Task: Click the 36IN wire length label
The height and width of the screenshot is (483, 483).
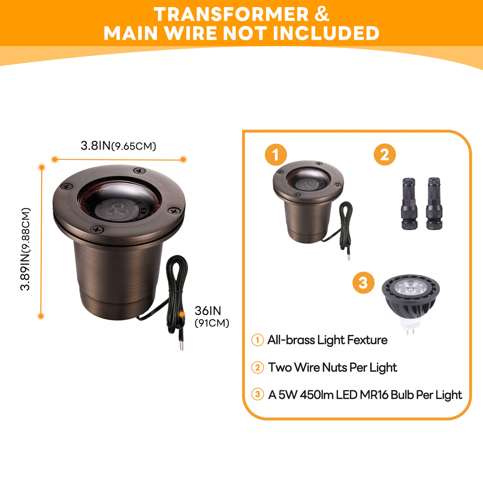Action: pos(208,311)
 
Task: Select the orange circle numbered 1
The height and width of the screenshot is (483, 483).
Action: pos(276,155)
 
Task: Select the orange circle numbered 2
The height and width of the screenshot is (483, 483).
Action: pos(385,155)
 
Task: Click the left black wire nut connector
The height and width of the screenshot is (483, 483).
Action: pos(408,203)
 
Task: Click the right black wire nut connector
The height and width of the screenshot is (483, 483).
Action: pos(433,203)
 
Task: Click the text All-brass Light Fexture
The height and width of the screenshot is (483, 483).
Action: pos(327,340)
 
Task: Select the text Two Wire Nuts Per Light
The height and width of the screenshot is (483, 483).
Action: pos(333,367)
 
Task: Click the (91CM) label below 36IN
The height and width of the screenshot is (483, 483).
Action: pos(212,323)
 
